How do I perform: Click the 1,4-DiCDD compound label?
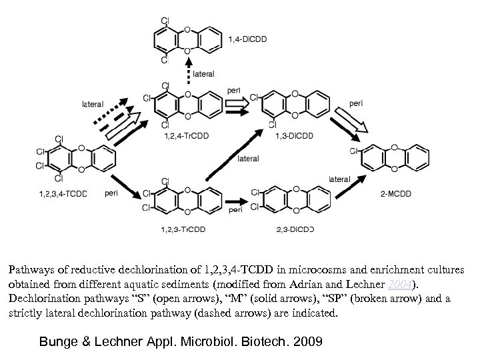click(x=247, y=39)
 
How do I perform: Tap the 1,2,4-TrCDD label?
click(x=183, y=137)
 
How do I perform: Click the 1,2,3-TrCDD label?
click(x=183, y=229)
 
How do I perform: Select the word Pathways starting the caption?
click(x=30, y=271)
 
